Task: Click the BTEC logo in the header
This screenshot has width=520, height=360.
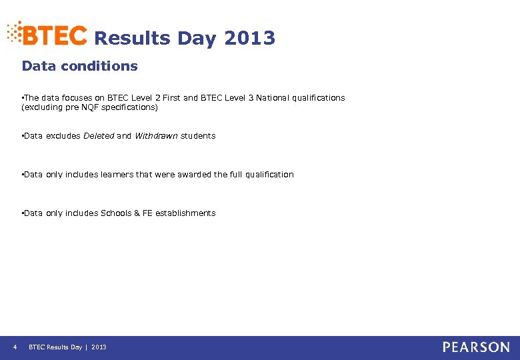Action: click(48, 34)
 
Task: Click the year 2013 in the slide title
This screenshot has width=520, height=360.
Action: click(250, 39)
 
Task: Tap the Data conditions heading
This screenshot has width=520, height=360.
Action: click(79, 66)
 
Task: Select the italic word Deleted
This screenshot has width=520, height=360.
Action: click(98, 136)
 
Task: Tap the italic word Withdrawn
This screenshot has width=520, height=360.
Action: click(156, 136)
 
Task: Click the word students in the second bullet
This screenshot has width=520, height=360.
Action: click(198, 136)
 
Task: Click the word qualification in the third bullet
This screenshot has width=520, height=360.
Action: click(269, 175)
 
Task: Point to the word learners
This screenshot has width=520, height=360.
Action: click(116, 175)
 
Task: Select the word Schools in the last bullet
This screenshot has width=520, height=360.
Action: click(115, 213)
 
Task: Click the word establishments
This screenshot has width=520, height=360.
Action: click(185, 213)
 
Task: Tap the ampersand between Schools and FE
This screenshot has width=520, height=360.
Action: click(137, 213)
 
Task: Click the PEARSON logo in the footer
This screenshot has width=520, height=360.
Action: click(476, 347)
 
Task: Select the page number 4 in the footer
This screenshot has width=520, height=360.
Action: click(15, 347)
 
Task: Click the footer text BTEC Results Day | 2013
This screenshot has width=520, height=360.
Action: click(67, 347)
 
